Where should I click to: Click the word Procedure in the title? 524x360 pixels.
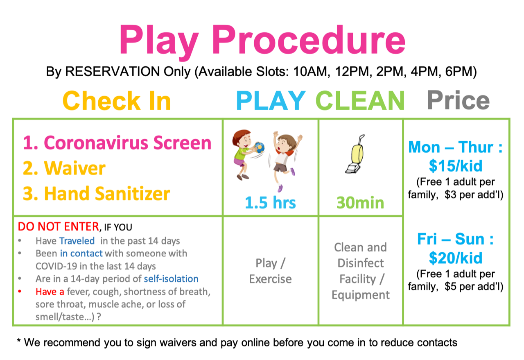point(309,40)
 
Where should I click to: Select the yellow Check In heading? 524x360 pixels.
point(117,101)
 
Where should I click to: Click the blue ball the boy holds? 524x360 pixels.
point(260,147)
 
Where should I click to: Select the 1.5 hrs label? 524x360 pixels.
point(271,202)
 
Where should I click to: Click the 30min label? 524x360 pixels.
point(360,202)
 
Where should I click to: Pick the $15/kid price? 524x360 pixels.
point(456,166)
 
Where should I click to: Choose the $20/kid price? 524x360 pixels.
point(456,258)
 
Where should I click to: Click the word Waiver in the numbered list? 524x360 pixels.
point(75,168)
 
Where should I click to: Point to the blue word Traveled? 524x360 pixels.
point(77,241)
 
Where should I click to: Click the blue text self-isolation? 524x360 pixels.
point(171,279)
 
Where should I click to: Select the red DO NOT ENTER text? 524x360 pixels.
point(59,226)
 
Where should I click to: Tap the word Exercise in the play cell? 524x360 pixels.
point(271,279)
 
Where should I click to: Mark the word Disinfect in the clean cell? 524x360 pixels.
point(361,263)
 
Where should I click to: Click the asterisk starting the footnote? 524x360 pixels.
point(19,341)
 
